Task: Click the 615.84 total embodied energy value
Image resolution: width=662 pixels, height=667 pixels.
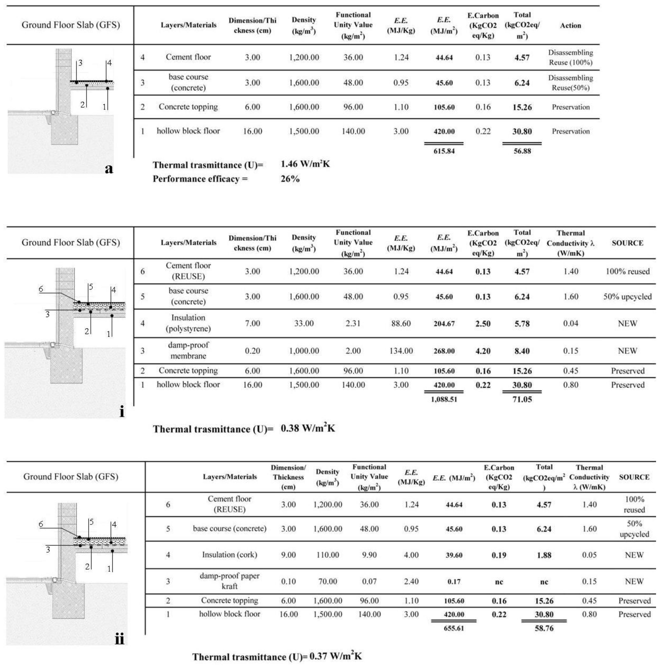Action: tap(444, 151)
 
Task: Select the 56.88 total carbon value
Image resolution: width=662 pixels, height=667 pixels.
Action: tap(522, 151)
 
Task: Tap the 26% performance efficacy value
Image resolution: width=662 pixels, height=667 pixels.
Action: tap(290, 179)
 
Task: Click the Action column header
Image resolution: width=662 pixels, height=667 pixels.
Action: tap(570, 25)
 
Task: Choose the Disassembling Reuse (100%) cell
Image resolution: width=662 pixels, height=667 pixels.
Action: tap(570, 57)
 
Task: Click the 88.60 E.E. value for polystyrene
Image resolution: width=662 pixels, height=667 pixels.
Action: tap(401, 324)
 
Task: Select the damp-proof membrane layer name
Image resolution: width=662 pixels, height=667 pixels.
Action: tap(188, 350)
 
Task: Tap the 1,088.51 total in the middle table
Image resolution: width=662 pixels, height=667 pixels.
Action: tap(444, 400)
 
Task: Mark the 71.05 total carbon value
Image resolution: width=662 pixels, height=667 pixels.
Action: tap(522, 400)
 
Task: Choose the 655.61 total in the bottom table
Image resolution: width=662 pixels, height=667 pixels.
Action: tap(454, 628)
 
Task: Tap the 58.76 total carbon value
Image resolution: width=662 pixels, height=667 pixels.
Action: tap(544, 628)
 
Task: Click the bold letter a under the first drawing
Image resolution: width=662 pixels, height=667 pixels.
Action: tap(109, 169)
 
